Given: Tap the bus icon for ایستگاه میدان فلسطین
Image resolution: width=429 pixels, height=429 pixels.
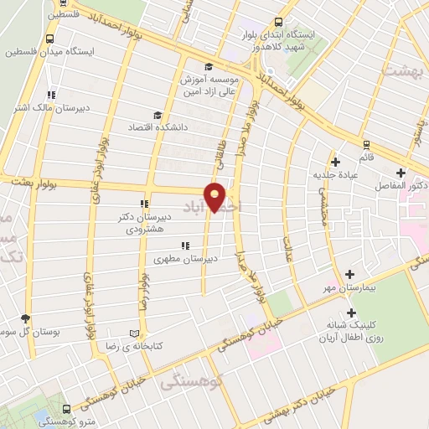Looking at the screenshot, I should (x=50, y=39).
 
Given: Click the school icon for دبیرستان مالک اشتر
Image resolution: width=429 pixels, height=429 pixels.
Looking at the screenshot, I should (x=50, y=95).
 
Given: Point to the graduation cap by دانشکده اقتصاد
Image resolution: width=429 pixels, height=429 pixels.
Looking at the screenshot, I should (x=157, y=116).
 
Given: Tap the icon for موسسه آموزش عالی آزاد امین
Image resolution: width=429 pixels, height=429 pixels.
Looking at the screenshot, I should (x=208, y=67).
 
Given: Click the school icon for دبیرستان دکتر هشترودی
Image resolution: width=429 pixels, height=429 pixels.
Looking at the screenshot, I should (x=144, y=202).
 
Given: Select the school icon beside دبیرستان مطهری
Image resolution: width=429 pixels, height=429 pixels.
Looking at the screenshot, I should (x=183, y=246).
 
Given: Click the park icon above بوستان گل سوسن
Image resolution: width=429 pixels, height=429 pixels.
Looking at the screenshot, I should (x=25, y=318).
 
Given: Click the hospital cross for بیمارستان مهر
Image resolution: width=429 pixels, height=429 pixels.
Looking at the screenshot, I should (x=349, y=275).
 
